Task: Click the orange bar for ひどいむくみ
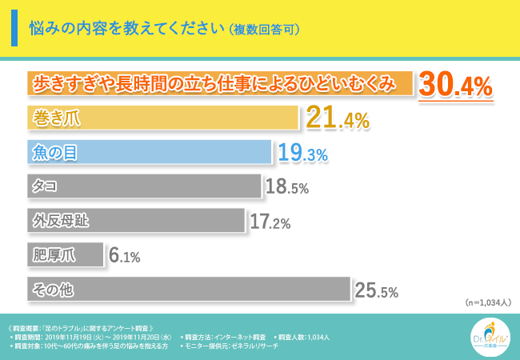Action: [220, 84]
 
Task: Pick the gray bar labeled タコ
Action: [144, 186]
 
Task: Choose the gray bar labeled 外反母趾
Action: [135, 220]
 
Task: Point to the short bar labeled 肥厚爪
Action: [66, 254]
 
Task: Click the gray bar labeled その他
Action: [189, 289]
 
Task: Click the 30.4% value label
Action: [454, 85]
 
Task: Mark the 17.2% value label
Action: [270, 222]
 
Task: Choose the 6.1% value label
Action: [125, 256]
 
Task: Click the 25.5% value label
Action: [377, 291]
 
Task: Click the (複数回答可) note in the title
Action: [264, 30]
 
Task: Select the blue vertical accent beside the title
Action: [15, 29]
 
